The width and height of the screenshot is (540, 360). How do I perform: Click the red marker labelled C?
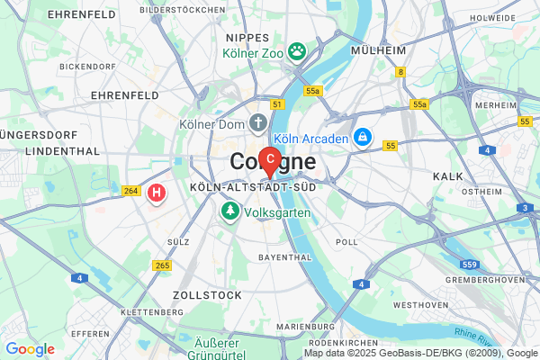click(269, 160)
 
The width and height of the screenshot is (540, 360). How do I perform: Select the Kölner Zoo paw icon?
click(296, 51)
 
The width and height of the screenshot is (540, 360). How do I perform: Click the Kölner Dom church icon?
click(259, 121)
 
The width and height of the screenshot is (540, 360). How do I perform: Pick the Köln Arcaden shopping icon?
click(362, 137)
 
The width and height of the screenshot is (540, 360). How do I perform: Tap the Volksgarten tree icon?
click(230, 212)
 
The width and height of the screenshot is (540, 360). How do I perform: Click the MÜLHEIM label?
click(380, 51)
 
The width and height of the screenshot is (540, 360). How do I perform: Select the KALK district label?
click(447, 176)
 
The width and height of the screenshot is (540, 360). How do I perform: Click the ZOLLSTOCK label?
click(206, 295)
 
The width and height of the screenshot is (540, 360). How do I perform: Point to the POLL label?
click(346, 242)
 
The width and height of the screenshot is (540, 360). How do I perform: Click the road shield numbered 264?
click(131, 190)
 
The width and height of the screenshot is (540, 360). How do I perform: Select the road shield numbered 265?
click(163, 265)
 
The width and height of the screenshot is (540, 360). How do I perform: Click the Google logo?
click(30, 349)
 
